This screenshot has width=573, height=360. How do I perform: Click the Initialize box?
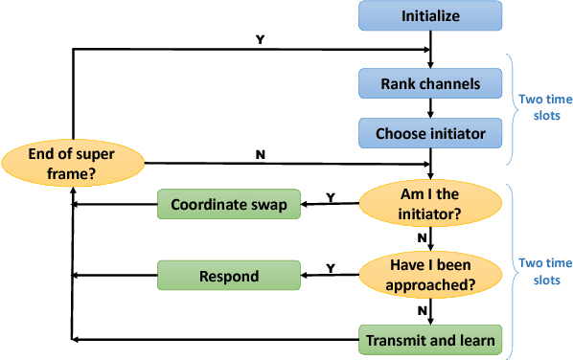pos(430,16)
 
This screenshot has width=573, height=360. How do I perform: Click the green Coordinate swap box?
pos(229,204)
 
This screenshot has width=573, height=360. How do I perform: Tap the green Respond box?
pos(229,277)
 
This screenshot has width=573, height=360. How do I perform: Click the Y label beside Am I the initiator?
pos(332,196)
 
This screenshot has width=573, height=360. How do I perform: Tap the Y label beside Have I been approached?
pos(332,268)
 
